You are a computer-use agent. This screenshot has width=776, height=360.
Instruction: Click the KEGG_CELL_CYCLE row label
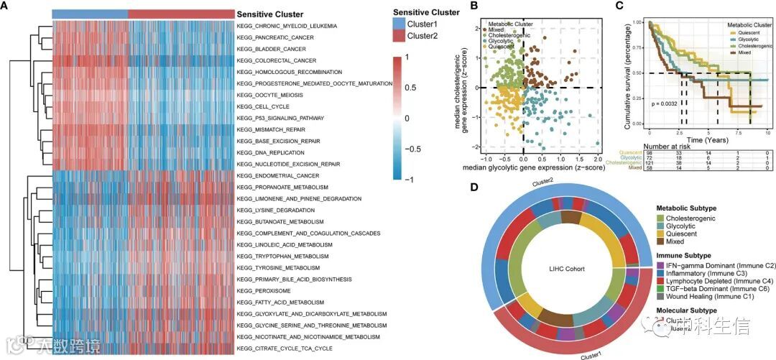tap(260, 106)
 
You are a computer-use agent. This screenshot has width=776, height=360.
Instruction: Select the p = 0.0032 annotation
tap(668, 104)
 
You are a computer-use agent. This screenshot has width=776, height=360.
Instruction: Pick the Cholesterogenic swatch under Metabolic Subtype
tap(662, 218)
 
